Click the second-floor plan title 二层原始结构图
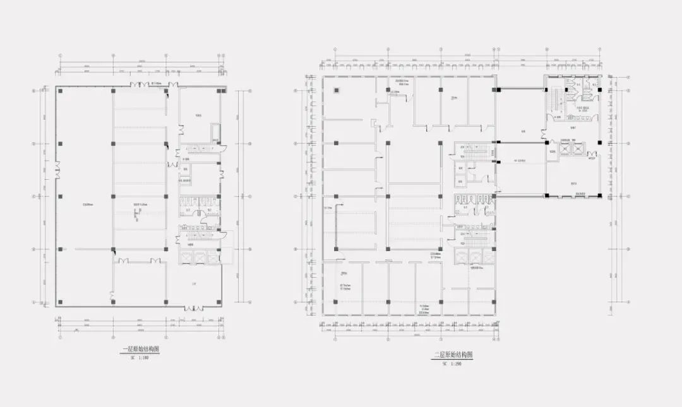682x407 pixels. [453, 355]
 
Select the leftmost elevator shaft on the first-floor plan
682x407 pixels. [186, 257]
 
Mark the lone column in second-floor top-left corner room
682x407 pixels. [335, 90]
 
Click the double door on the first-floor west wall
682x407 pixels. [57, 169]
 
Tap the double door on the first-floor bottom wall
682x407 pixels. [194, 308]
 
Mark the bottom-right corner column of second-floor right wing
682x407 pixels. [600, 195]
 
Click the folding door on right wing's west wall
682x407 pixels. [544, 135]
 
